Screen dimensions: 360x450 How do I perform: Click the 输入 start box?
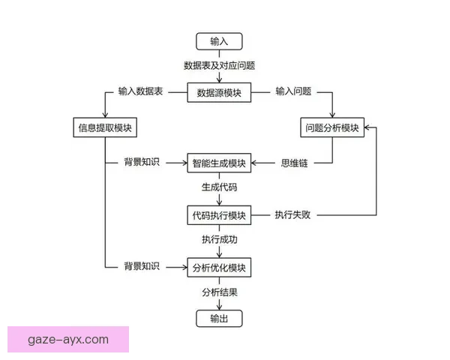pos(219,41)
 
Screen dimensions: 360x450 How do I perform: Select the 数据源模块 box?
pos(219,92)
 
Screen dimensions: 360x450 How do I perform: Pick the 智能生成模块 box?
pos(219,163)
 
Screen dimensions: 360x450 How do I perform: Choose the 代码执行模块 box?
pos(219,214)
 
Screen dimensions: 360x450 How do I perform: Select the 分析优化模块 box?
pos(219,267)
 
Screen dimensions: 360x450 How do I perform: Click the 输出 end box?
pos(219,319)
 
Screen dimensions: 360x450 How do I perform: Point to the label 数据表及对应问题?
pos(219,65)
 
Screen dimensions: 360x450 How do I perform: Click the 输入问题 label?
pos(293,91)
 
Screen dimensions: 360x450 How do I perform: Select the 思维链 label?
pos(294,163)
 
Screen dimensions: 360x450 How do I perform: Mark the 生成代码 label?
pos(219,187)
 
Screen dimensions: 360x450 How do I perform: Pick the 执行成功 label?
pos(219,240)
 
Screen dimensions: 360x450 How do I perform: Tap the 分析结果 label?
pos(219,292)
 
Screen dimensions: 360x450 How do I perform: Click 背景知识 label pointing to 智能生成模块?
pos(142,163)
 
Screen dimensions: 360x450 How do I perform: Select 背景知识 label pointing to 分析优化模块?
pos(142,267)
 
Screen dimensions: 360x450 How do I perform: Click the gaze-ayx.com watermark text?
pos(68,340)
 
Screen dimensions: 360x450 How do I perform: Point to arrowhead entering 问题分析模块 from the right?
pos(367,127)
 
